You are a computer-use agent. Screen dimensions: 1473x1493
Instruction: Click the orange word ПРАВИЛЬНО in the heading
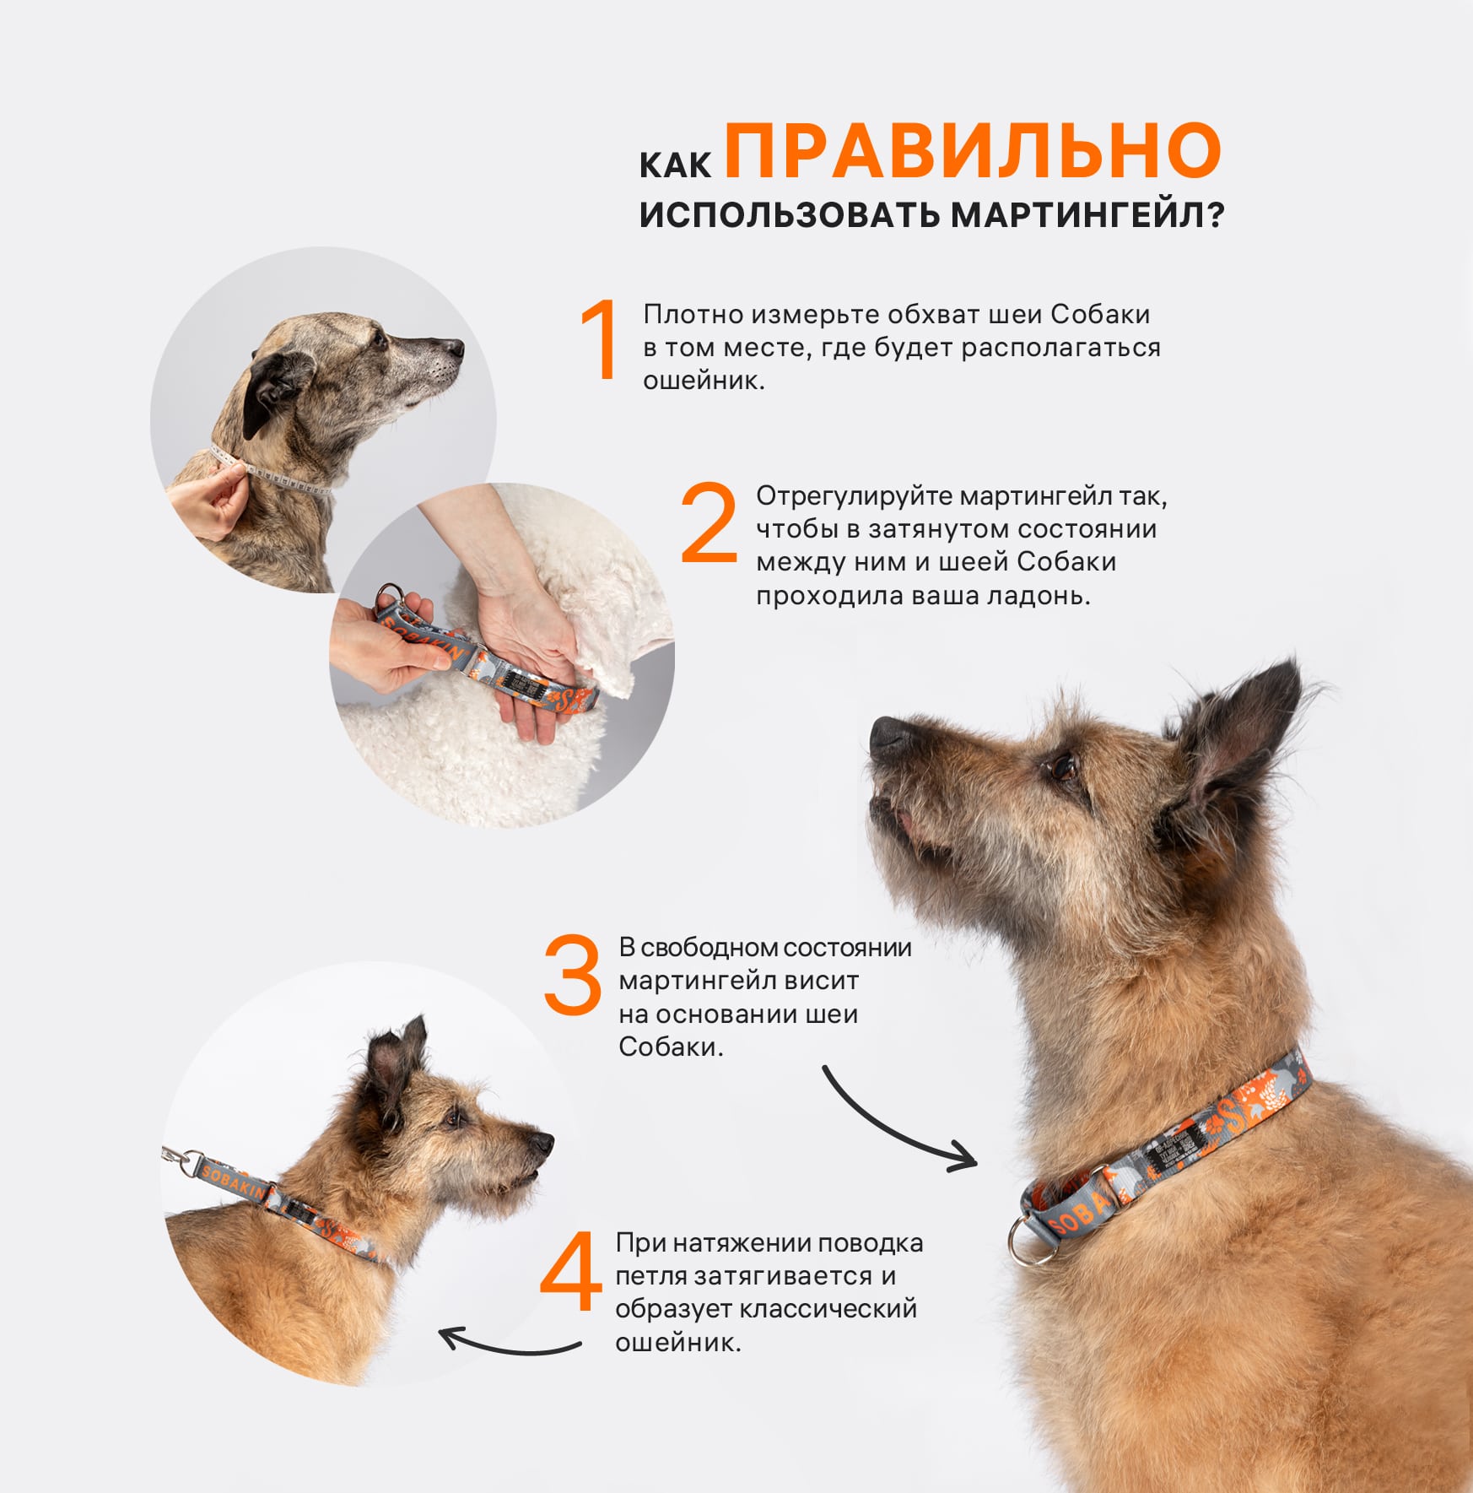[973, 150]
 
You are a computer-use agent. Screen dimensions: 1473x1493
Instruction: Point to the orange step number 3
[572, 974]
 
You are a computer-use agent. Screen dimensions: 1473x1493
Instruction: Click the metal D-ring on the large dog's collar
[1028, 1238]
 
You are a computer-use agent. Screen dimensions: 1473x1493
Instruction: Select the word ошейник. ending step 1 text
[704, 381]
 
